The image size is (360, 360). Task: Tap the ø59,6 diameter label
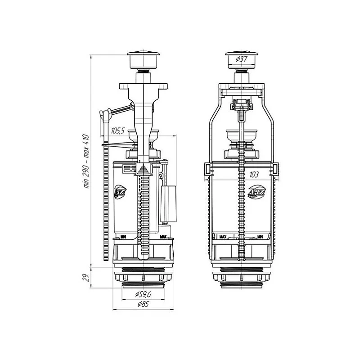click(143, 295)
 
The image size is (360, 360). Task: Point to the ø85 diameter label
click(143, 305)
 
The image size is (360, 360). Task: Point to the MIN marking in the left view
click(123, 235)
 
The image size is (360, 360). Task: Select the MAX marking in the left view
click(164, 235)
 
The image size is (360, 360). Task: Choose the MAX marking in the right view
click(222, 235)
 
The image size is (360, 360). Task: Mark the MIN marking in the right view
click(260, 235)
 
